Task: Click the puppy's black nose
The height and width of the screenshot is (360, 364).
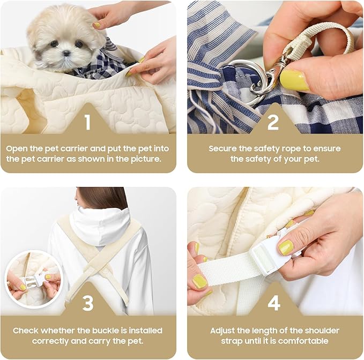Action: [x=66, y=54]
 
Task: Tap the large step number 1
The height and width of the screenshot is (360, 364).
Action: [x=87, y=122]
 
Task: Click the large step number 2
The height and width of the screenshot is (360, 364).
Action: [x=273, y=122]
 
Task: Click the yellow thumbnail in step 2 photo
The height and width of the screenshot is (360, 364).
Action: [x=294, y=80]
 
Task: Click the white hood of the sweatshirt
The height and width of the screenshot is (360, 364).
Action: [x=100, y=226]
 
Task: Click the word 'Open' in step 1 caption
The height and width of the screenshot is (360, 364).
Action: [x=17, y=149]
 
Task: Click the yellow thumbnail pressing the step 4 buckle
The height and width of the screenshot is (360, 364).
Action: [x=286, y=247]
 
